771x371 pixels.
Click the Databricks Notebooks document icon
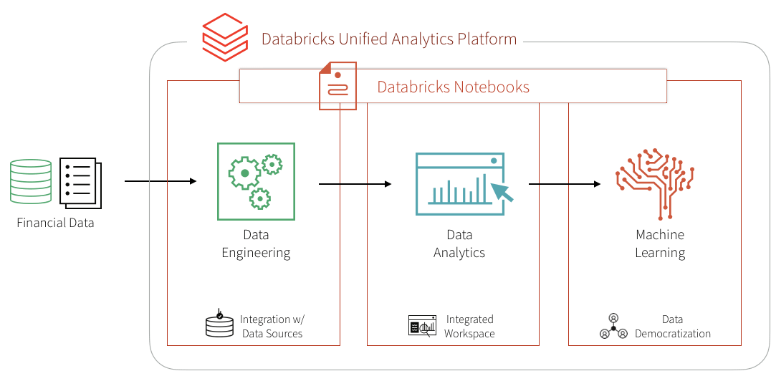coord(337,86)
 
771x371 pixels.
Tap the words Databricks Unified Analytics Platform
coord(388,39)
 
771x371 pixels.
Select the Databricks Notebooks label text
coord(453,87)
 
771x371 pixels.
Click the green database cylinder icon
coord(32,183)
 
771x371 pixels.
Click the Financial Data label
coord(55,223)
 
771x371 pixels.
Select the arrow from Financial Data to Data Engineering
coord(161,180)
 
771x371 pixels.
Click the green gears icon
coord(256,180)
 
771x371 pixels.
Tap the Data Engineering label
coord(256,244)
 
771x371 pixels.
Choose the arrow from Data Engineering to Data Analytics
coord(355,184)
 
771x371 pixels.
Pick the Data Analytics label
coord(459,244)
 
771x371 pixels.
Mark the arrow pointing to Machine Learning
coord(565,184)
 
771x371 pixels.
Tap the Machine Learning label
coord(659,244)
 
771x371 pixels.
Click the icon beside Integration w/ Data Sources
coord(219,325)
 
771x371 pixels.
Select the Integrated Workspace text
coord(469,326)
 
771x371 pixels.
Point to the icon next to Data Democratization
coord(613,326)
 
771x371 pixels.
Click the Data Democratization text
coord(672,327)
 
